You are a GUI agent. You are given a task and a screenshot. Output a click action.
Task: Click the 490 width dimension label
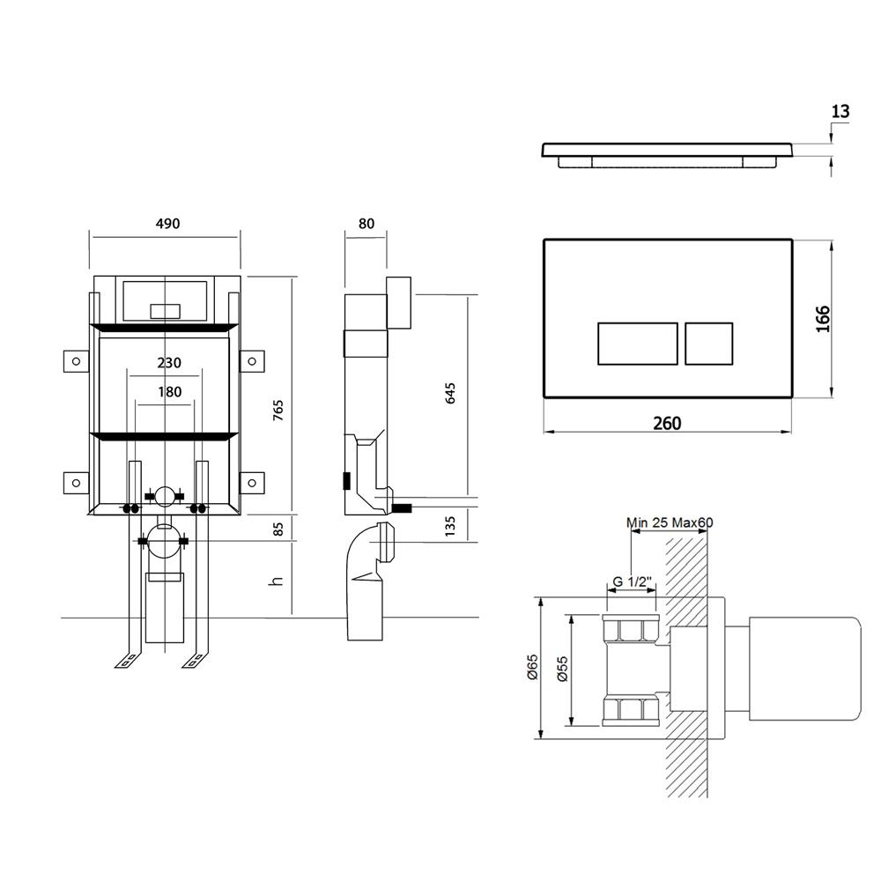tap(167, 224)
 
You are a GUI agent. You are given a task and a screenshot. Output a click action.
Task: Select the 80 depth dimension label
tap(366, 224)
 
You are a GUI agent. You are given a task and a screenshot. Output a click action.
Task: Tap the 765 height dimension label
tap(278, 411)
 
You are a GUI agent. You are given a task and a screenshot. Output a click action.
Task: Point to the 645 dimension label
tap(450, 393)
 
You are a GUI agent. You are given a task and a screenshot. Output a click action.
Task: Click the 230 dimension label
tap(169, 363)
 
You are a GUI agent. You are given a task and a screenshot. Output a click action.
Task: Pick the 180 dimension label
tap(169, 392)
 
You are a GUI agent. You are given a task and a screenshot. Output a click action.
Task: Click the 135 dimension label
tap(450, 526)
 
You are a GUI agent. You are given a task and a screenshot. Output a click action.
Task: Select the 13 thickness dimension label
tap(840, 111)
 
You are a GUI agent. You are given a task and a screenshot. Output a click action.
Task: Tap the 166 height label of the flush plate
tap(823, 319)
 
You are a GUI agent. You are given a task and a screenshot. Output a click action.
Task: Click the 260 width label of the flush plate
tap(668, 423)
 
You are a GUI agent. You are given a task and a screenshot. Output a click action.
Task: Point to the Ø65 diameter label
tap(533, 667)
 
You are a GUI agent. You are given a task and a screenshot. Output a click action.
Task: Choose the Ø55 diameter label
tap(563, 670)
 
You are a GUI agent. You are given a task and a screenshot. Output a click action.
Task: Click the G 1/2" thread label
tap(632, 581)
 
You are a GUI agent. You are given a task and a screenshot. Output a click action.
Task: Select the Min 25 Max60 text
tap(670, 522)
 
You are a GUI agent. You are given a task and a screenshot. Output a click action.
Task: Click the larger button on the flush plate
tap(638, 344)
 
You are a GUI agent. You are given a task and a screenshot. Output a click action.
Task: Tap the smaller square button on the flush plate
tap(709, 344)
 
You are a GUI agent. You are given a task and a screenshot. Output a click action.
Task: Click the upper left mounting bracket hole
tap(77, 361)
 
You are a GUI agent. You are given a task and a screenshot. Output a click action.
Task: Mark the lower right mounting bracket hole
tap(252, 483)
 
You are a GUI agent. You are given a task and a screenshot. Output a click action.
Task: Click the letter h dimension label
tap(276, 581)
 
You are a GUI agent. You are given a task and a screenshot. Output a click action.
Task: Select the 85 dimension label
tap(278, 529)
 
